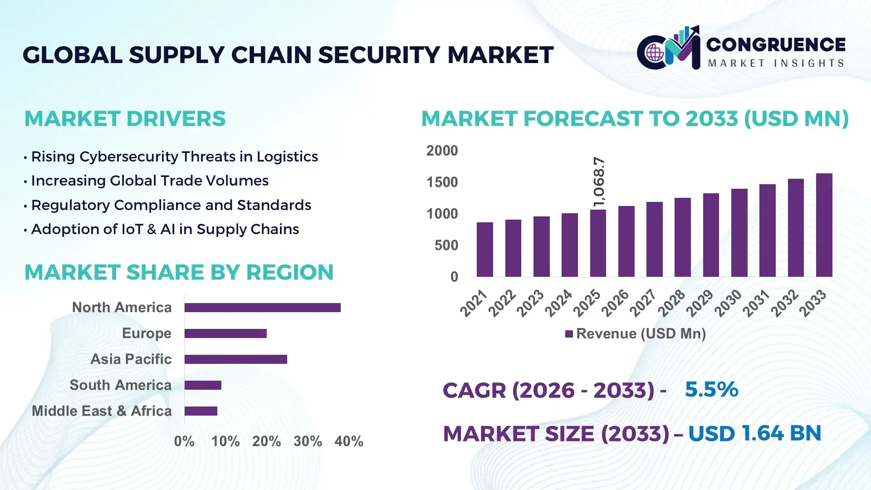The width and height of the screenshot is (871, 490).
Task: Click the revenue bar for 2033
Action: pyautogui.click(x=824, y=225)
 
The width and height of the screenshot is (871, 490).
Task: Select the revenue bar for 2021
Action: pyautogui.click(x=484, y=250)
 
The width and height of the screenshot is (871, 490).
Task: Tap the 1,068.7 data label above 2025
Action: pyautogui.click(x=599, y=181)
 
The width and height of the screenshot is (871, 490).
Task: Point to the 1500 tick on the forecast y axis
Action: pyautogui.click(x=442, y=182)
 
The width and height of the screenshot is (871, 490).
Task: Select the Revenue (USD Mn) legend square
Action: pyautogui.click(x=569, y=334)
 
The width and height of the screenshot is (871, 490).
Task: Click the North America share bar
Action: pyautogui.click(x=262, y=308)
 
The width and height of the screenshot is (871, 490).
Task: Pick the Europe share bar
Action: pyautogui.click(x=225, y=333)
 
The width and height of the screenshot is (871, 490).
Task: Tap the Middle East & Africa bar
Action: pyautogui.click(x=201, y=411)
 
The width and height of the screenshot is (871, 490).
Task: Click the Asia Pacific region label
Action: pyautogui.click(x=131, y=359)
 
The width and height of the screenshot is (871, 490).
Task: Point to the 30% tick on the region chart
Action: pyautogui.click(x=308, y=441)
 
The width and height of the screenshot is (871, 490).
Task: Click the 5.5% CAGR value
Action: pyautogui.click(x=711, y=389)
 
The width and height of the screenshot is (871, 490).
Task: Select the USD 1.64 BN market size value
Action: pyautogui.click(x=754, y=433)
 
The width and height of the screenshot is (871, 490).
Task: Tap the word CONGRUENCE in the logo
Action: pyautogui.click(x=776, y=44)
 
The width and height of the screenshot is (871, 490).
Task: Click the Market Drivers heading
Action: pyautogui.click(x=125, y=119)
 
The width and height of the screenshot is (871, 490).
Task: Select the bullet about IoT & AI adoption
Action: pyautogui.click(x=165, y=229)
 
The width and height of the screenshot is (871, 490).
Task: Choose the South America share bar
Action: pyautogui.click(x=203, y=385)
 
